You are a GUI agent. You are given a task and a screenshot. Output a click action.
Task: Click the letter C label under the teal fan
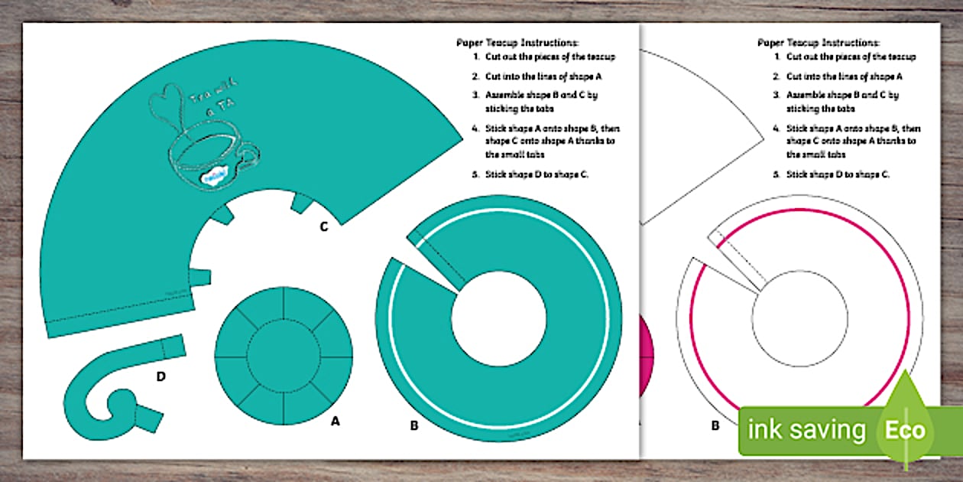tap(323, 226)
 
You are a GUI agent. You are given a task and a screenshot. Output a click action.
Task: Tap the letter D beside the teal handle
tap(161, 376)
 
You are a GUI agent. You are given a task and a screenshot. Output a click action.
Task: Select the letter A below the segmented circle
tap(334, 420)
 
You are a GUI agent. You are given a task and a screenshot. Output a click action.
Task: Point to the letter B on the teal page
tap(413, 426)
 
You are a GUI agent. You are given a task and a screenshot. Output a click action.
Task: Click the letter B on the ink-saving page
tap(715, 426)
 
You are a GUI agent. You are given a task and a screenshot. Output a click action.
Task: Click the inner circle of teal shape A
tap(284, 353)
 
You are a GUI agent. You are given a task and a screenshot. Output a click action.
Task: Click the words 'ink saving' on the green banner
tap(806, 430)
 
